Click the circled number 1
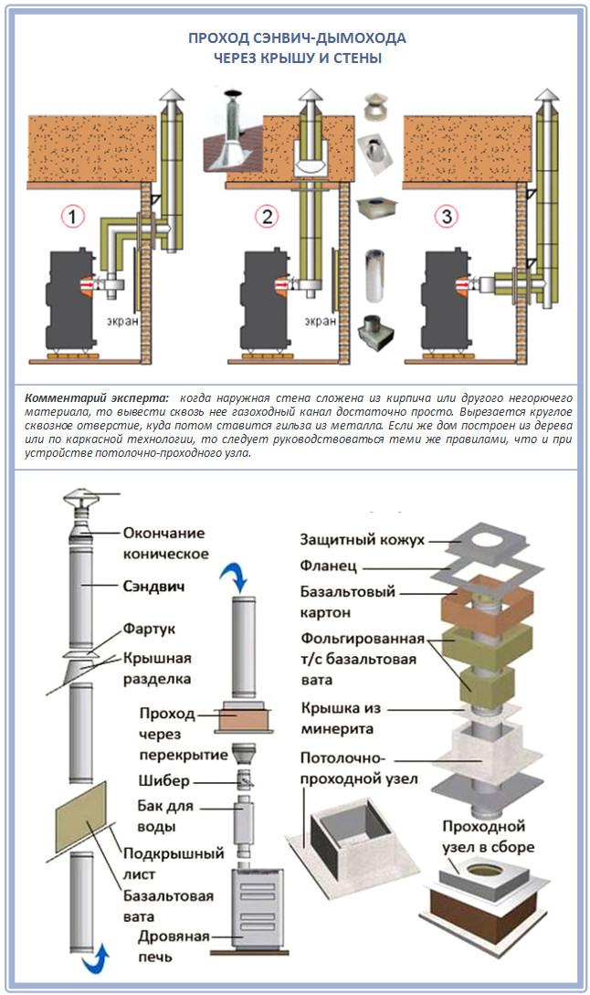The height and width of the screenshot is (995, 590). point(73,217)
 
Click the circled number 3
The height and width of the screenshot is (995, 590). point(446,217)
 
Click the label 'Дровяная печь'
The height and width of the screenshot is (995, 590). point(174,946)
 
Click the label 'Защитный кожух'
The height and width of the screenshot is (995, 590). point(362,540)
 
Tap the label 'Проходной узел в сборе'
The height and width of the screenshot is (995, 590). point(488,836)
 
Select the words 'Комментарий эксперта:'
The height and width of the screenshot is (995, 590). point(97,399)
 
